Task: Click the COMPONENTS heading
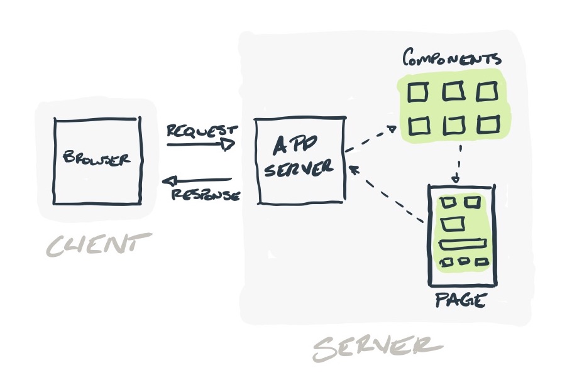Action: tap(451, 59)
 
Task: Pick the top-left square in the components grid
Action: tap(417, 93)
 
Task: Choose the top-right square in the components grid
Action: tap(487, 92)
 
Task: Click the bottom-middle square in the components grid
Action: tap(453, 126)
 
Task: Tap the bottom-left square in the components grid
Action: tap(417, 126)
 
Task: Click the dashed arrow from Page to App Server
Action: tap(387, 195)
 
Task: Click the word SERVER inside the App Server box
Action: tap(298, 170)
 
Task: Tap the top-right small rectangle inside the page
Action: tap(473, 202)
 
